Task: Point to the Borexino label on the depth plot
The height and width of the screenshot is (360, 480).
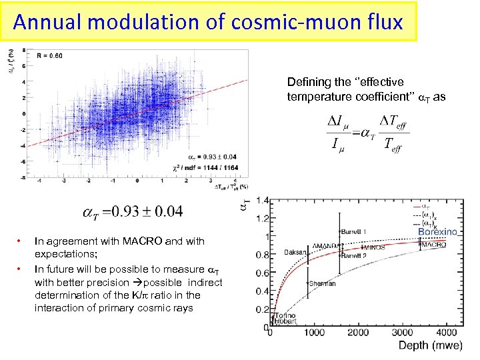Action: pyautogui.click(x=437, y=231)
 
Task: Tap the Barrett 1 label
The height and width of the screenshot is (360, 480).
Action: pyautogui.click(x=354, y=231)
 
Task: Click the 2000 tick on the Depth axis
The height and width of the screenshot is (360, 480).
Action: pyautogui.click(x=357, y=333)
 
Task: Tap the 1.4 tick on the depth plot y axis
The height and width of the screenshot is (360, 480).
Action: pyautogui.click(x=262, y=201)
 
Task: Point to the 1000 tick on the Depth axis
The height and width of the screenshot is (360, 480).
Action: pyautogui.click(x=312, y=333)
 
